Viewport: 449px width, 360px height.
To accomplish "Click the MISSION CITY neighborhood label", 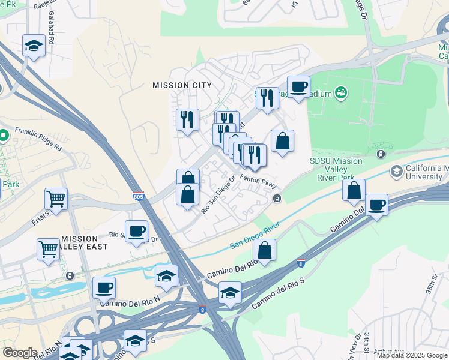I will pyautogui.click(x=182, y=85).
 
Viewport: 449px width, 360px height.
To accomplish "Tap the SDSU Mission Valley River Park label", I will pyautogui.click(x=336, y=169).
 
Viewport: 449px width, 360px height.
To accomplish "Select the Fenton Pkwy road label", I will pyautogui.click(x=258, y=178).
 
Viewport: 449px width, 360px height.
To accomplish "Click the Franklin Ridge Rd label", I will pyautogui.click(x=38, y=138).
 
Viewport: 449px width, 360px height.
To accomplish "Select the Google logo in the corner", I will pyautogui.click(x=20, y=353).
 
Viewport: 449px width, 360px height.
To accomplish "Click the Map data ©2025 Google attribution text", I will pyautogui.click(x=412, y=355).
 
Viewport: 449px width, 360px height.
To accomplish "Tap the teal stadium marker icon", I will pyautogui.click(x=341, y=92).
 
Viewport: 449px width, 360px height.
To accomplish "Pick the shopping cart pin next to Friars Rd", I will pyautogui.click(x=56, y=199).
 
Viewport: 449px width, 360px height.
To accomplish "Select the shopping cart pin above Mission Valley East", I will pyautogui.click(x=48, y=248).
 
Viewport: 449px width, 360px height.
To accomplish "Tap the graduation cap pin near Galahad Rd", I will pyautogui.click(x=34, y=46).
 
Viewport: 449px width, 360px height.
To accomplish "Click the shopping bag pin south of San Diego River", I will pyautogui.click(x=264, y=250).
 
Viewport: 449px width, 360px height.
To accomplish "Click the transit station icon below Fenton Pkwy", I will pyautogui.click(x=276, y=198).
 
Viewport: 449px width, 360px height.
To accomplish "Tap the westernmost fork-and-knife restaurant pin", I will pyautogui.click(x=187, y=120).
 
